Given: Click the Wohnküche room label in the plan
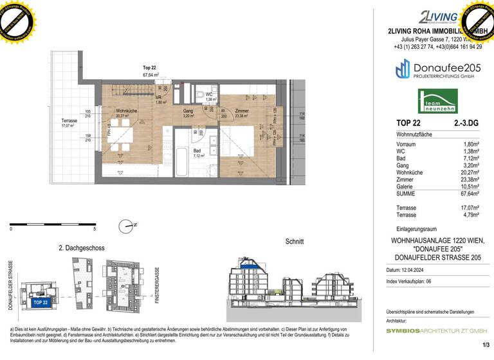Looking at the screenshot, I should [x=125, y=111].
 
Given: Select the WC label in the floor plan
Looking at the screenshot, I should [x=209, y=94].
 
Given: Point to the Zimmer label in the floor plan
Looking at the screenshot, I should [x=242, y=111].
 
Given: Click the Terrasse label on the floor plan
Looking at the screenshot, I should [x=69, y=121].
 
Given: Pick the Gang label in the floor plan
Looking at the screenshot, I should [x=188, y=111].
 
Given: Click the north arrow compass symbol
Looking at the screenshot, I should [x=125, y=225].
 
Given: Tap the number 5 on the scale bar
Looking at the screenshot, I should [x=95, y=229].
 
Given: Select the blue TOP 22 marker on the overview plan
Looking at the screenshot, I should [x=41, y=301].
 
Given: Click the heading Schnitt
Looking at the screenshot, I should [x=294, y=242].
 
